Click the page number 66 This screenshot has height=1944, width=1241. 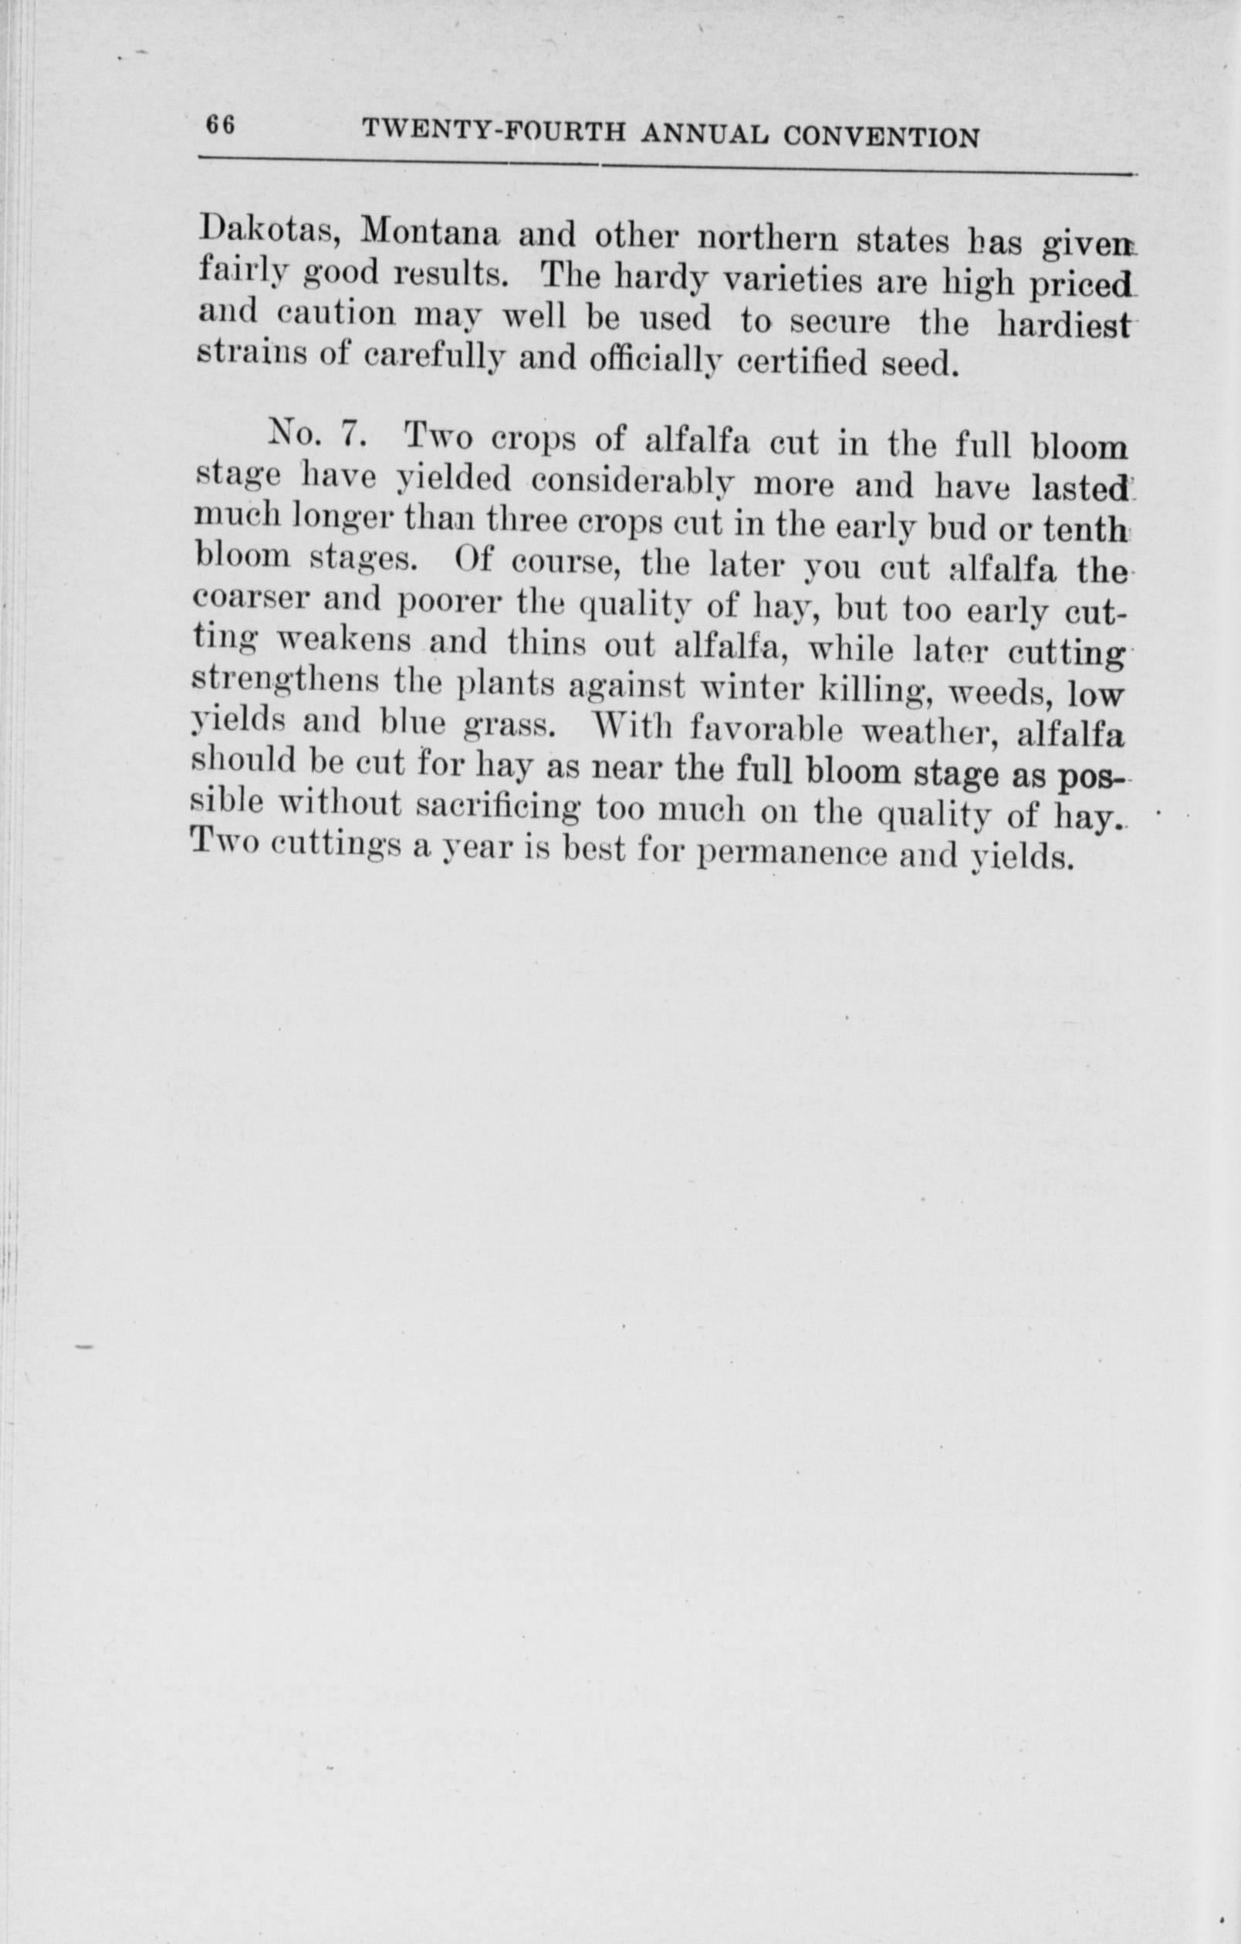click(x=220, y=126)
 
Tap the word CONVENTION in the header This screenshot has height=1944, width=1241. click(x=881, y=137)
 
